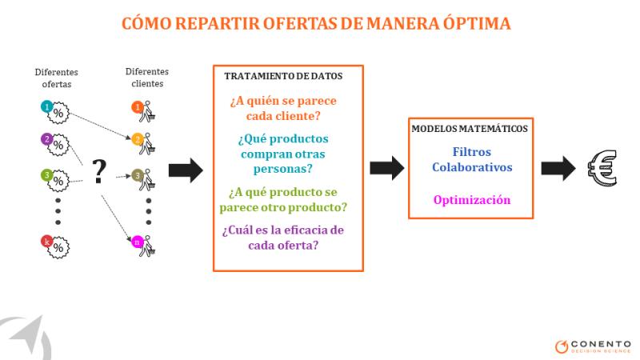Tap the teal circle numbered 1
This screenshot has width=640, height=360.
coord(47,107)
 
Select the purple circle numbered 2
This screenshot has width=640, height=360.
coord(47,139)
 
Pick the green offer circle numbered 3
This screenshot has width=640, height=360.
coord(47,175)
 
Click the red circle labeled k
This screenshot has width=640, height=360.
coord(47,242)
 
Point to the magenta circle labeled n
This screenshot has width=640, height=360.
coord(137,242)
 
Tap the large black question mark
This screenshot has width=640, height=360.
coord(98,171)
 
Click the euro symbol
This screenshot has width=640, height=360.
coord(602,168)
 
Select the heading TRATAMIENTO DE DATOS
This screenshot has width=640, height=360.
coord(283,76)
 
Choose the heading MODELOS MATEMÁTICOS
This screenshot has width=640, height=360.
coord(470,129)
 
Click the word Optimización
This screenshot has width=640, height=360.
coord(472,200)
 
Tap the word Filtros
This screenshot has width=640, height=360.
coord(472,152)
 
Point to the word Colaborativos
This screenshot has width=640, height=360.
coord(472,167)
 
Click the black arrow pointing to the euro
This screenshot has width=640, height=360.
coord(558,168)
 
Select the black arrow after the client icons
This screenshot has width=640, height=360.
coord(186,170)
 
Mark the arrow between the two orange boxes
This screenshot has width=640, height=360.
coord(387,168)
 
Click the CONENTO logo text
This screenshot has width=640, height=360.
coord(601,344)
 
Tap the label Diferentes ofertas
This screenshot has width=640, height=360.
coord(56,78)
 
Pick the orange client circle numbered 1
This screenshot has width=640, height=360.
coord(138,107)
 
